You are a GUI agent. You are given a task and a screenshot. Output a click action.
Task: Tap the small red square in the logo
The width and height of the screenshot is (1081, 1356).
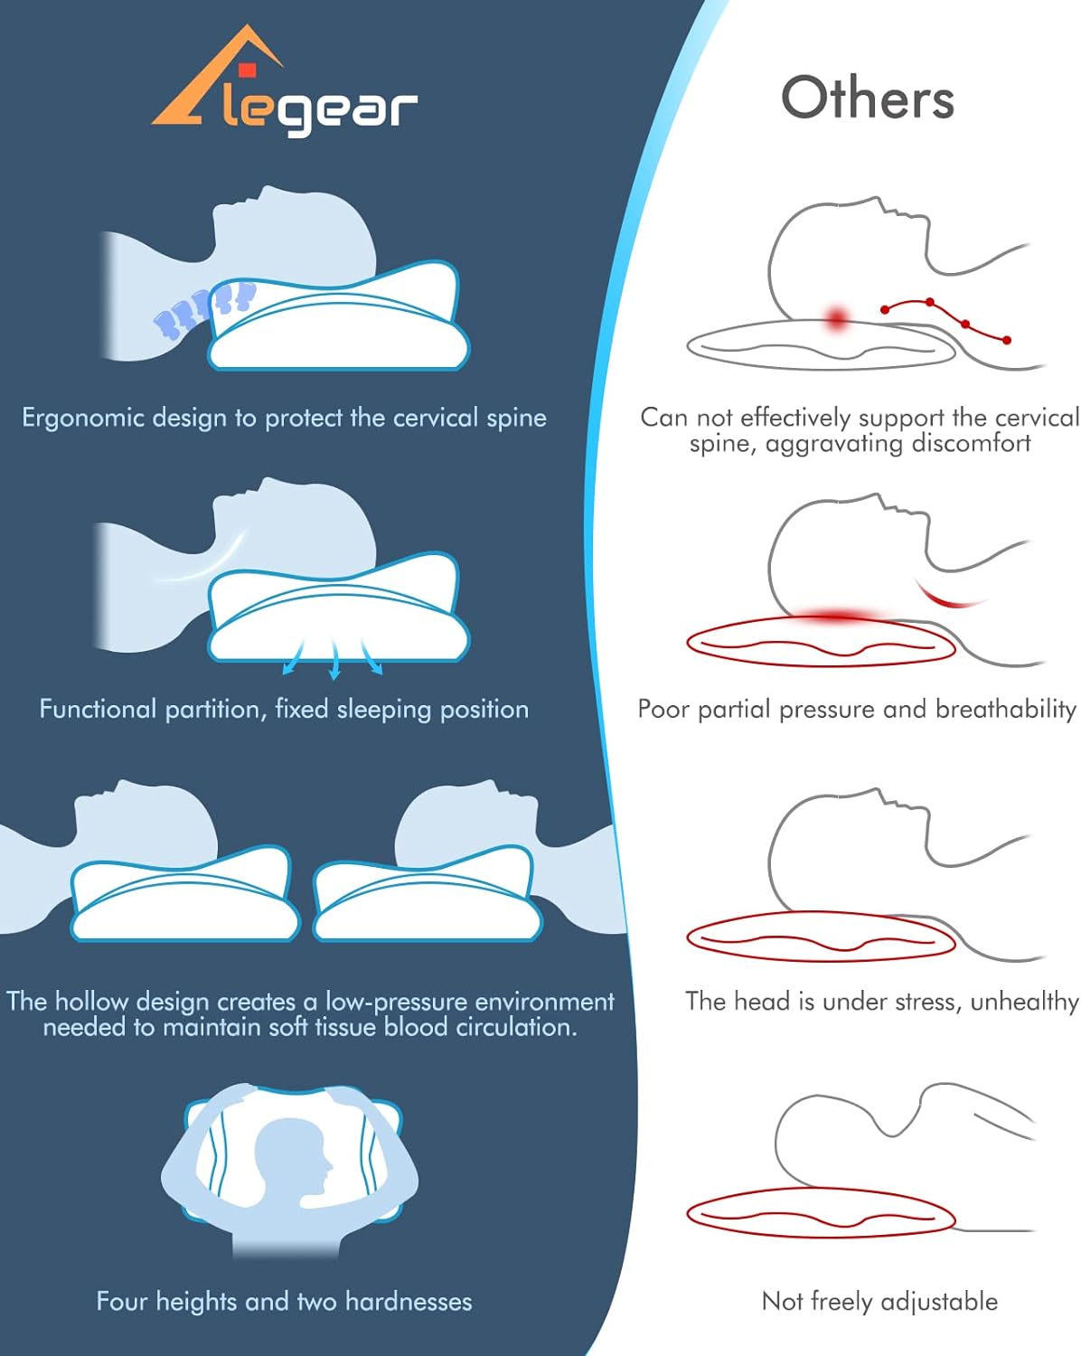(x=247, y=70)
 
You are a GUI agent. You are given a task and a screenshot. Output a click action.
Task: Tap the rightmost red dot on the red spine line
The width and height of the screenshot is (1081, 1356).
(x=1007, y=340)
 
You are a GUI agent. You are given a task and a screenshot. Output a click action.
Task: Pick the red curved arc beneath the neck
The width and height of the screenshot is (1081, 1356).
(x=948, y=597)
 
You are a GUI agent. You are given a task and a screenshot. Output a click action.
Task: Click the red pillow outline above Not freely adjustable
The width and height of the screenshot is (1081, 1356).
(x=821, y=1213)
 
